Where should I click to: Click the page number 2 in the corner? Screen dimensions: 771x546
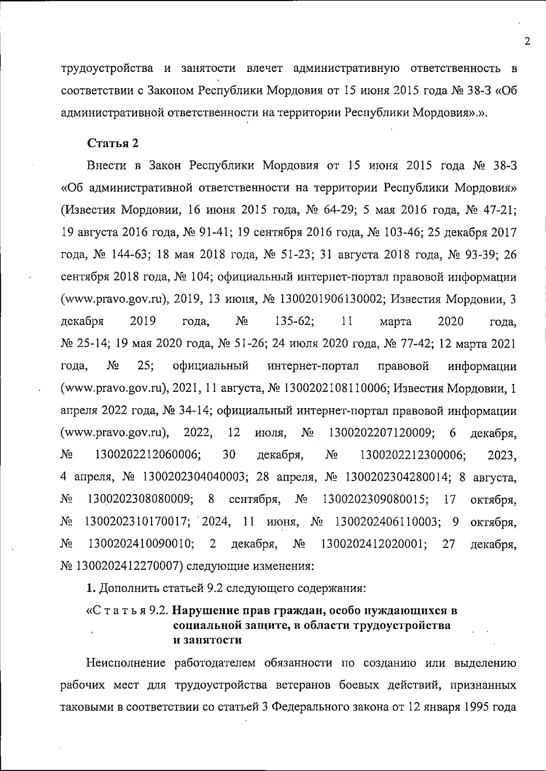(527, 41)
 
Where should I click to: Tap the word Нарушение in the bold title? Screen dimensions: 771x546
(205, 610)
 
